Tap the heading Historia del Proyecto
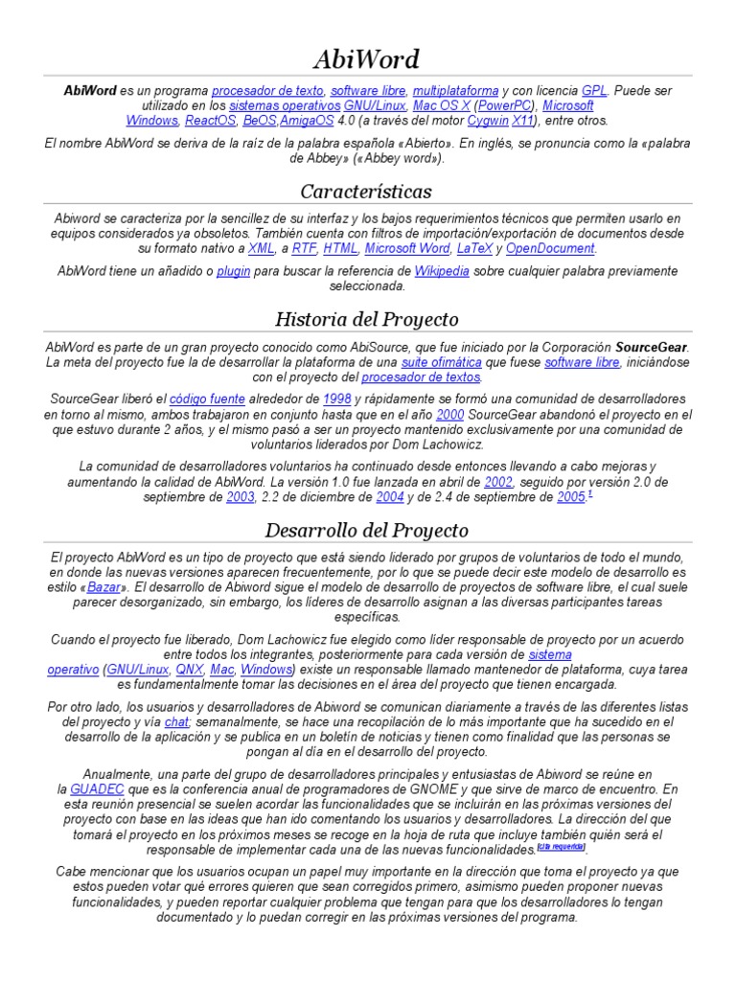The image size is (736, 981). (x=367, y=319)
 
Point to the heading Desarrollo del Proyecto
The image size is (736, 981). (x=367, y=530)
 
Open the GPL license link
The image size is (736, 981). (x=594, y=90)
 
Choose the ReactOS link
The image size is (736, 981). (x=210, y=121)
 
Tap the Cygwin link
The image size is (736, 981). (x=488, y=121)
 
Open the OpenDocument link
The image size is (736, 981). (x=550, y=248)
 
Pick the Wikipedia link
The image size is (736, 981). (x=442, y=271)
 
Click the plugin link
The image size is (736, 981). (x=233, y=271)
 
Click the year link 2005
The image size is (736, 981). (x=570, y=497)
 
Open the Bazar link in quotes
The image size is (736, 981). (x=104, y=586)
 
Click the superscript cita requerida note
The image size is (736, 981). (x=561, y=847)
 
